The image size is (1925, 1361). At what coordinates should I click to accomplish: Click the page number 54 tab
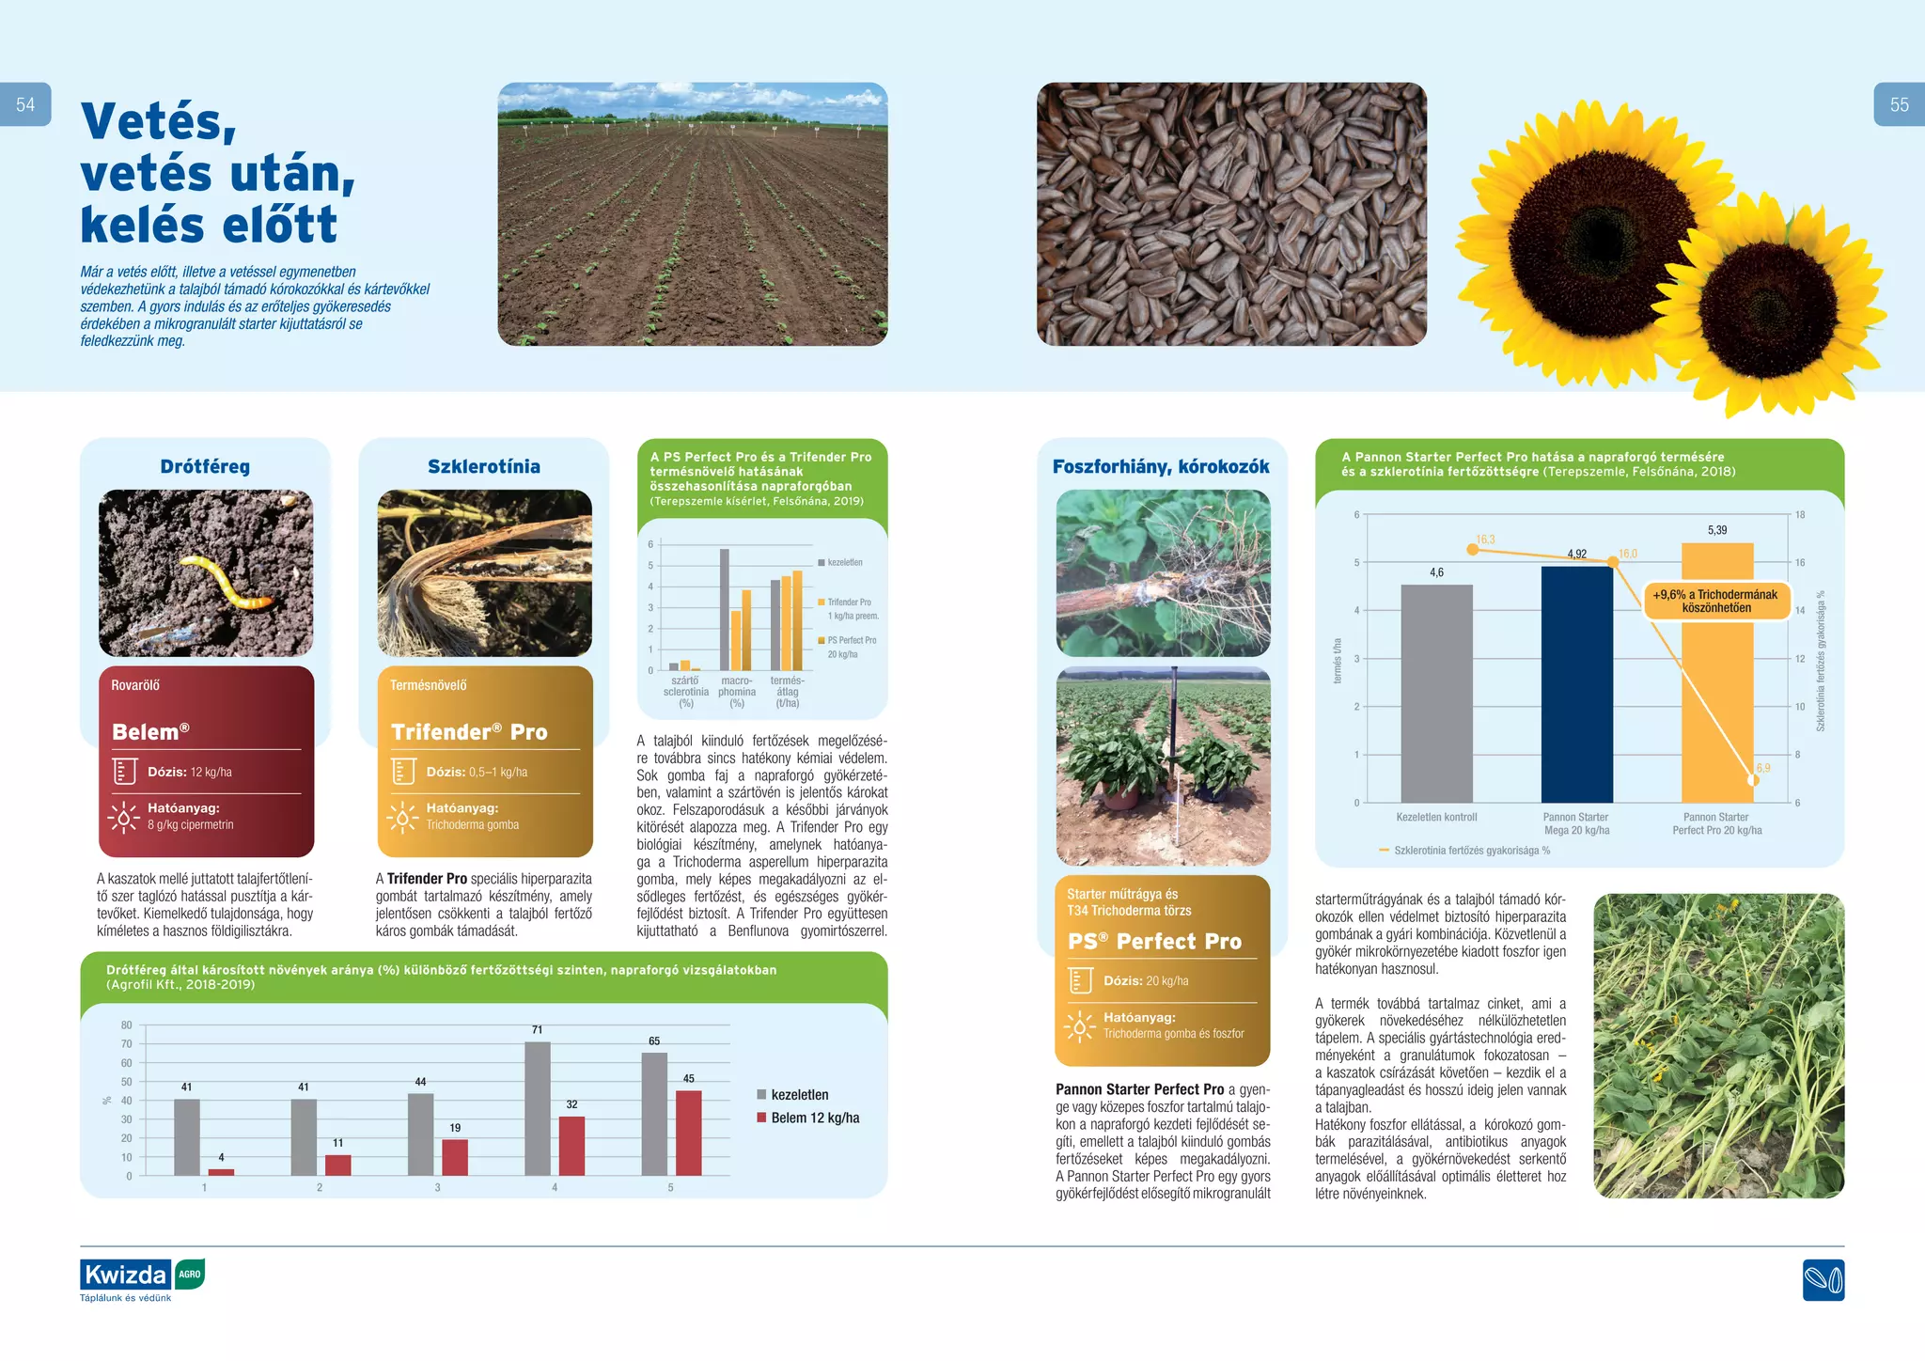pyautogui.click(x=25, y=104)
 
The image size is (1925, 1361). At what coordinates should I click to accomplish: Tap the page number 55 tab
pyautogui.click(x=1899, y=104)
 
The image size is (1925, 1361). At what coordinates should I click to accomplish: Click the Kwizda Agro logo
pyautogui.click(x=142, y=1276)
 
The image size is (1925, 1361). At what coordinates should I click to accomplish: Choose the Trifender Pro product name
pyautogui.click(x=469, y=732)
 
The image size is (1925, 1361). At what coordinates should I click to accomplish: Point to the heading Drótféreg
pyautogui.click(x=205, y=466)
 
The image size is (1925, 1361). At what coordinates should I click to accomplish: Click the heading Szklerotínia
pyautogui.click(x=483, y=466)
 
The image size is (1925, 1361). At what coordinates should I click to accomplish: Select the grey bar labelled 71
pyautogui.click(x=538, y=1108)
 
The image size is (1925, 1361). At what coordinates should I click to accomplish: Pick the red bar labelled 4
pyautogui.click(x=221, y=1172)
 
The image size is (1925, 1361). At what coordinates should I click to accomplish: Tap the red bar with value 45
pyautogui.click(x=688, y=1133)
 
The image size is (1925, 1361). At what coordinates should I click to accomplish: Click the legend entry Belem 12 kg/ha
pyautogui.click(x=814, y=1118)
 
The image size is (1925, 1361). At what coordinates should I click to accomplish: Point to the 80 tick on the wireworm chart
pyautogui.click(x=127, y=1025)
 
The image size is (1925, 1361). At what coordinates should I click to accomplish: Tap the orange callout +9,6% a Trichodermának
pyautogui.click(x=1715, y=602)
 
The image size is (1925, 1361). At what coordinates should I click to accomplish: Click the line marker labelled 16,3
pyautogui.click(x=1472, y=550)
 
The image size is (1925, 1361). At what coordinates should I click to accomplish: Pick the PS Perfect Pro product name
pyautogui.click(x=1154, y=941)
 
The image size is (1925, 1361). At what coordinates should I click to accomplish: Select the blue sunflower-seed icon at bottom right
pyautogui.click(x=1823, y=1280)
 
